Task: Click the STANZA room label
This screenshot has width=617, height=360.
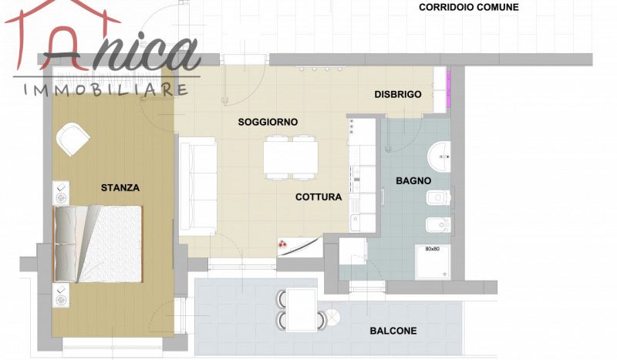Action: tap(120, 187)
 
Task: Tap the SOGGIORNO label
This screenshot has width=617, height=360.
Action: tap(268, 122)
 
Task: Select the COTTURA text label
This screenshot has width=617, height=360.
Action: tap(319, 197)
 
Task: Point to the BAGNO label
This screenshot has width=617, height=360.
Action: tap(413, 181)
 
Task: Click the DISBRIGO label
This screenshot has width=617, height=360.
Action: tap(398, 94)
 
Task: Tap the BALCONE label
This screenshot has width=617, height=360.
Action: tap(393, 331)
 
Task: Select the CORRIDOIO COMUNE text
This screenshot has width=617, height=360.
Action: tap(469, 7)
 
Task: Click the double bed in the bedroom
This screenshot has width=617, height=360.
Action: tap(98, 244)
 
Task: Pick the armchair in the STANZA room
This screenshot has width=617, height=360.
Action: tap(72, 140)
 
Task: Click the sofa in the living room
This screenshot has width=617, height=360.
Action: tap(197, 187)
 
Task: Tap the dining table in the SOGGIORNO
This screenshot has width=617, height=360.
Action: tap(291, 157)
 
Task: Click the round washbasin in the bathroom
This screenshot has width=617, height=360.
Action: tap(439, 157)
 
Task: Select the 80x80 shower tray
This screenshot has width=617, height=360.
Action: tap(433, 261)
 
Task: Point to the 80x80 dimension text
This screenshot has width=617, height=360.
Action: tap(432, 249)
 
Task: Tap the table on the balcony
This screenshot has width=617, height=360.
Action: tap(302, 310)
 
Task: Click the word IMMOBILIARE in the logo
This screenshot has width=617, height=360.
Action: tap(106, 89)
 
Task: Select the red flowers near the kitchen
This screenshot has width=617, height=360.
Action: tap(282, 244)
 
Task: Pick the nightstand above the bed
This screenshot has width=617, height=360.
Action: tap(61, 193)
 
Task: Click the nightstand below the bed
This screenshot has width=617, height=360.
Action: tap(61, 295)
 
